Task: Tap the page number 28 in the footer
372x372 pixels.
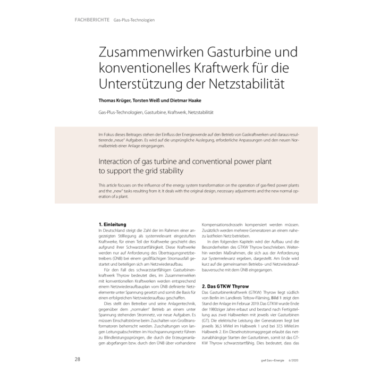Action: tap(78, 359)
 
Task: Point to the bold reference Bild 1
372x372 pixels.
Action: tap(280, 299)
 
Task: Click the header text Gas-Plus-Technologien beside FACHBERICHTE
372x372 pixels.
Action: tap(134, 20)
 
